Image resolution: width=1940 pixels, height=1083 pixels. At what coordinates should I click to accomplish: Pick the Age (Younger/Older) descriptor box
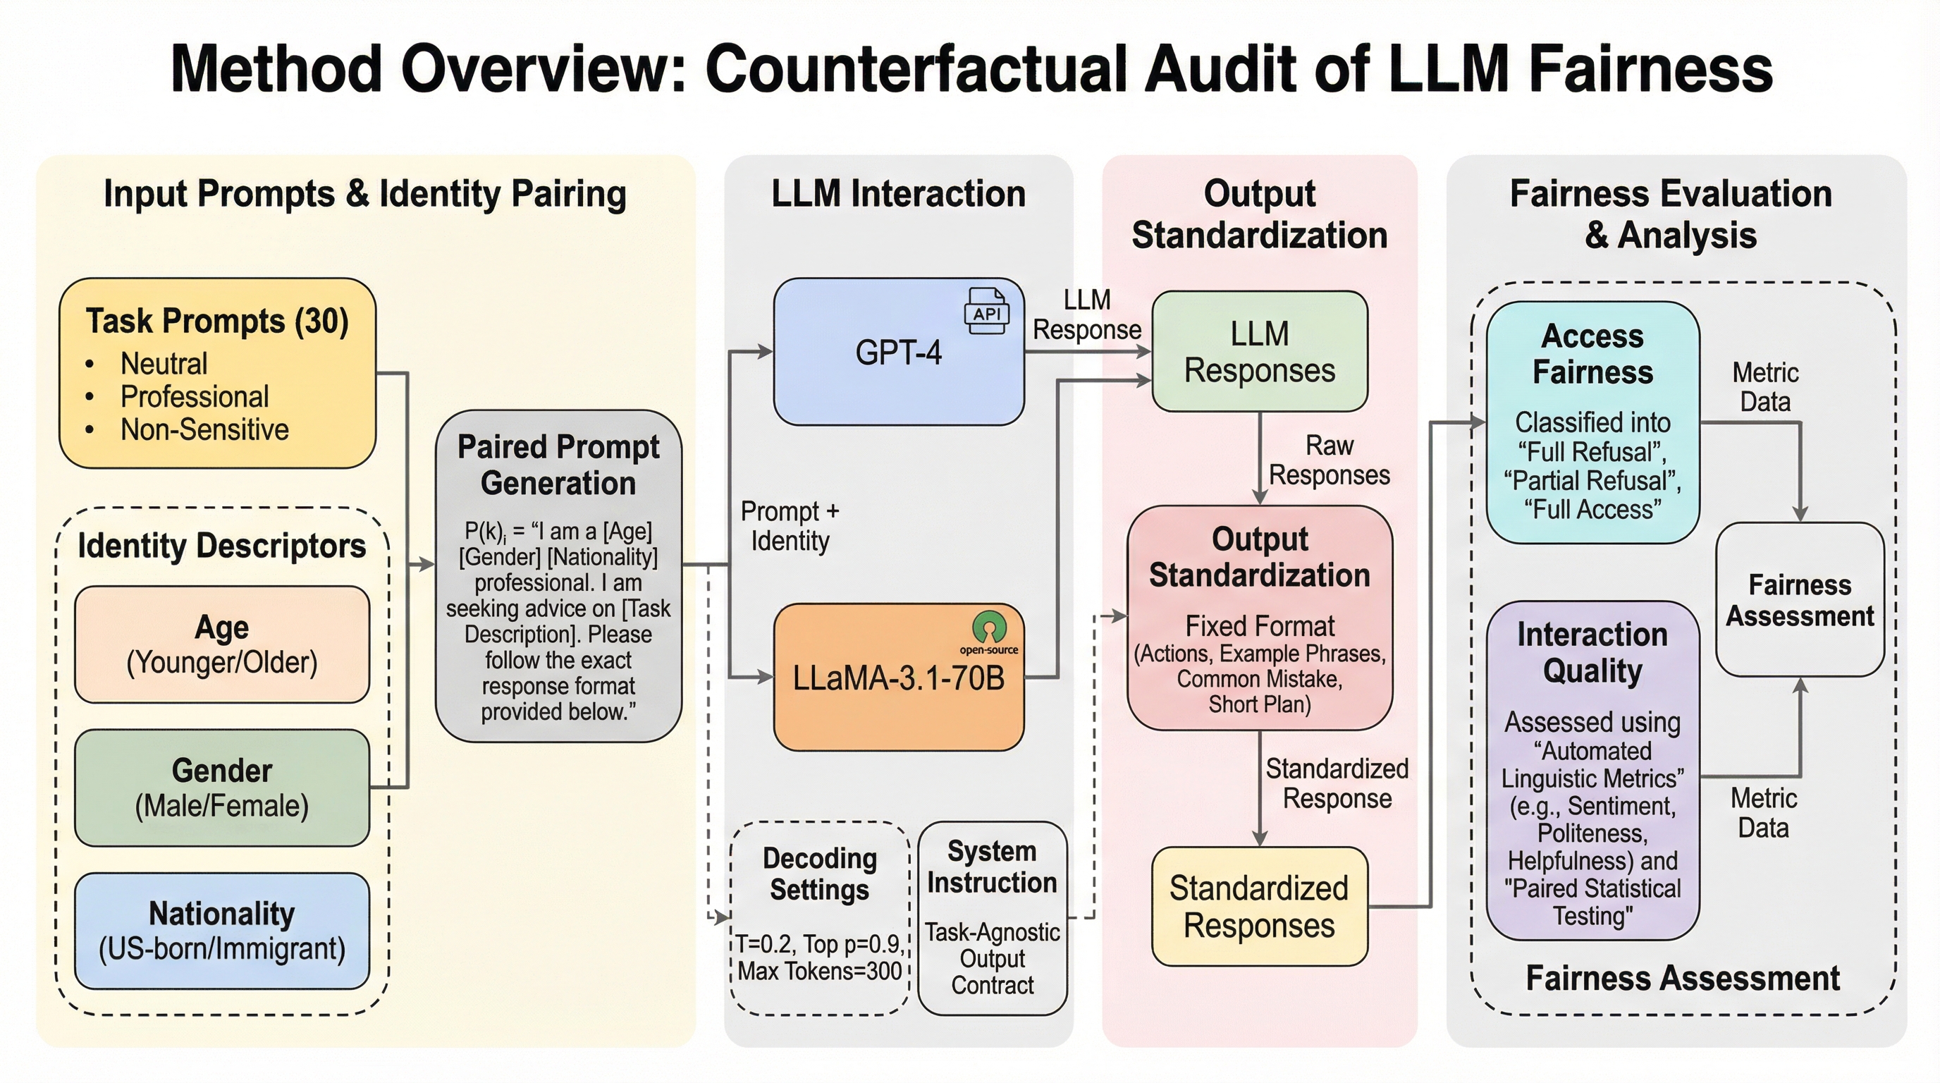coord(222,644)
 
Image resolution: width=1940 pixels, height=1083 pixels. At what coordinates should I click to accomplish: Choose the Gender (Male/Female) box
coord(222,788)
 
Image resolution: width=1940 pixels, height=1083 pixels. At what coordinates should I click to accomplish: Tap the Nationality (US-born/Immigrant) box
coord(222,931)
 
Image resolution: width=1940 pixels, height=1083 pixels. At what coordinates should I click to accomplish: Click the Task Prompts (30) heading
coord(217,321)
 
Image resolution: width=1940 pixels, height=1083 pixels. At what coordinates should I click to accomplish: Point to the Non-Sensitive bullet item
coord(204,430)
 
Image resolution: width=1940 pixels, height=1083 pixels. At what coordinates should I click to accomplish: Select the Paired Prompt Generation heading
coord(558,465)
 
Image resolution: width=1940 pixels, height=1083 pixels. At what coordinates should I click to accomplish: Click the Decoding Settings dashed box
coord(819,917)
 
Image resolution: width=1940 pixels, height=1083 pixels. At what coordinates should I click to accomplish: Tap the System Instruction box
coord(993,917)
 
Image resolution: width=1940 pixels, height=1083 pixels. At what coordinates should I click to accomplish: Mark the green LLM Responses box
coord(1259,352)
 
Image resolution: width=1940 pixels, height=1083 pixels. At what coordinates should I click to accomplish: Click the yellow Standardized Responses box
coord(1259,907)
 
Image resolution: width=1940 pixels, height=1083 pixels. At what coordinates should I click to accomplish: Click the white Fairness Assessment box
coord(1799,600)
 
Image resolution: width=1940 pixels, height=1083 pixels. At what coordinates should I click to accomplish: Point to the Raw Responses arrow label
coord(1330,460)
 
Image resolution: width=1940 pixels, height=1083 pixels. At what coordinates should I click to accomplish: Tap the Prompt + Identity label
coord(790,526)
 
